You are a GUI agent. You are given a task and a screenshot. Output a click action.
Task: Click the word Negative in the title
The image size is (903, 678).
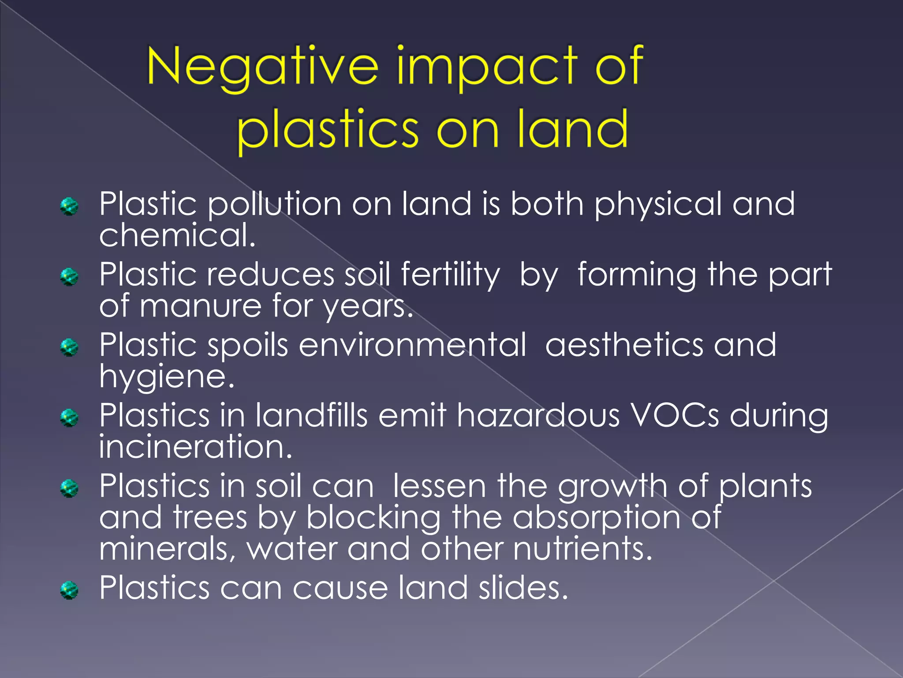[x=262, y=67]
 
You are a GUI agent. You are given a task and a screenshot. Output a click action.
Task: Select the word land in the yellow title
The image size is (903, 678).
[x=573, y=129]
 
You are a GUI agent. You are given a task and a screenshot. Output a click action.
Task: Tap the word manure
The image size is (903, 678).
[x=201, y=305]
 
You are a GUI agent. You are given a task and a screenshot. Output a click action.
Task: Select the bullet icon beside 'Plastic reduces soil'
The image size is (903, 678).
[x=69, y=277]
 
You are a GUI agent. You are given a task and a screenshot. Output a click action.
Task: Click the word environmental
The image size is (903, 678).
[x=412, y=345]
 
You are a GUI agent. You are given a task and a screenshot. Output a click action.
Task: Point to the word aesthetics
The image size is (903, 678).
[x=624, y=345]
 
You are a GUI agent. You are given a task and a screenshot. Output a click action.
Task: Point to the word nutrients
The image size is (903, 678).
[x=582, y=549]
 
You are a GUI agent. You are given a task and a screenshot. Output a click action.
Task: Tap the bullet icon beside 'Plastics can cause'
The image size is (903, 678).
[x=69, y=590]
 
